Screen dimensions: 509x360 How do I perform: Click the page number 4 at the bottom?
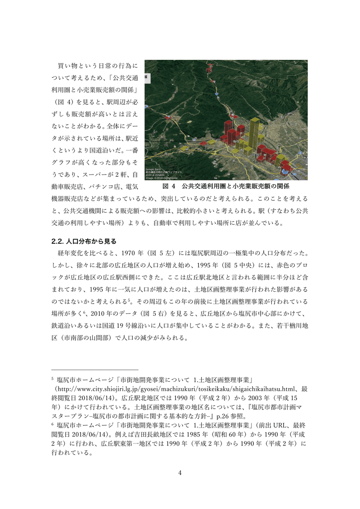tap(180, 473)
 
